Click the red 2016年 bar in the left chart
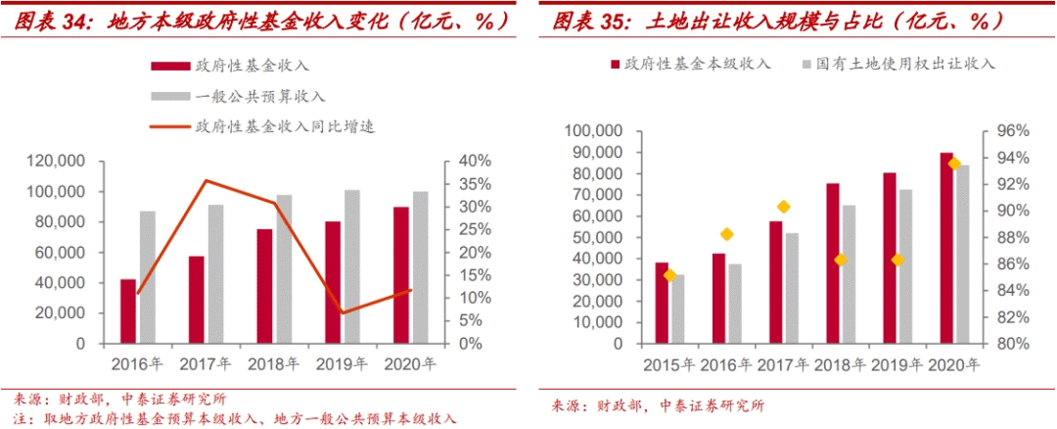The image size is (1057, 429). pos(128,311)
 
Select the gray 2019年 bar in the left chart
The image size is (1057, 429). pos(352,266)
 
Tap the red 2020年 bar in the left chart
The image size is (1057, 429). pos(401,275)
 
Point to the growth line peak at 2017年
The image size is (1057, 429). pos(205,180)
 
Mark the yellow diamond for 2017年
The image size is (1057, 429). pos(784,207)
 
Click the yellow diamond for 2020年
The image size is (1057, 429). pos(954,164)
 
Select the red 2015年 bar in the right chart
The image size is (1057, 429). pos(662,303)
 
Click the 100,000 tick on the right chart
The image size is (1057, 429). pos(597,131)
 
